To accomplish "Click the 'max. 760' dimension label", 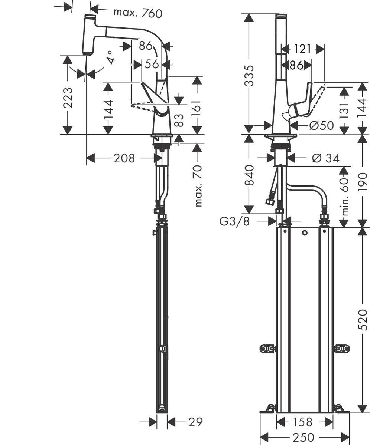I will click(x=138, y=13).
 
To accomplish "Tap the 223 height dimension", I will click(x=68, y=98).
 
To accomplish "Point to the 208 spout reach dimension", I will click(x=124, y=158).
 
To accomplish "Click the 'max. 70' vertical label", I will click(x=198, y=186).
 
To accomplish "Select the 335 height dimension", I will click(x=250, y=75).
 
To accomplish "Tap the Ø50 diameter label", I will click(x=321, y=126).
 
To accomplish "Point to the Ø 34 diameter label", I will click(x=326, y=158).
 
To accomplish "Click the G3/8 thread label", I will click(x=234, y=221).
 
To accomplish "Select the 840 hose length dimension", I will click(x=250, y=175).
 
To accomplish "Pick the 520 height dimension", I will click(x=363, y=320).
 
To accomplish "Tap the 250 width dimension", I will click(x=304, y=437).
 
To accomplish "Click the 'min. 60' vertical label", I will click(x=346, y=197).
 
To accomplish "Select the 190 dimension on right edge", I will click(x=363, y=180).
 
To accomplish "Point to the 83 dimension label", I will click(x=179, y=120).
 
